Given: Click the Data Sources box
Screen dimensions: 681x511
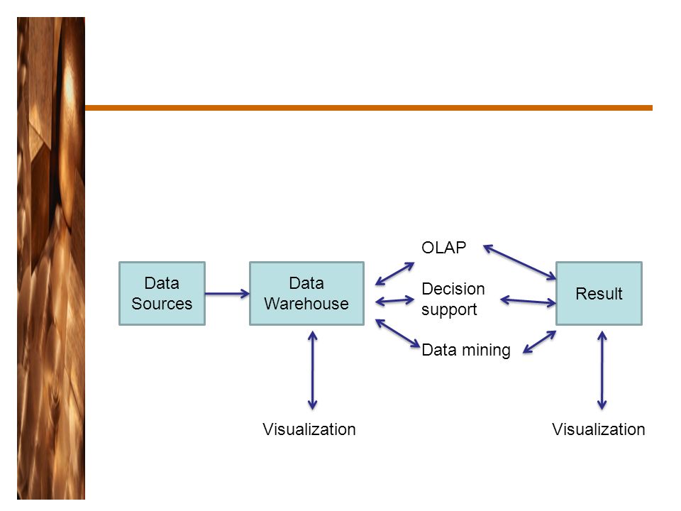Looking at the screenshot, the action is point(162,293).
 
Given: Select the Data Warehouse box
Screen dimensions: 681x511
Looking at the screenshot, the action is point(306,293).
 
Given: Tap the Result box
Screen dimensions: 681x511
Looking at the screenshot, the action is point(599,293).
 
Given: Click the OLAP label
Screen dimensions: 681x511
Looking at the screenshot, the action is point(443,248).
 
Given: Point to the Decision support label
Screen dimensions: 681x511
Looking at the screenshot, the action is point(453,300).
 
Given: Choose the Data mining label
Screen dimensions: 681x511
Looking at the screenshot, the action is point(466,350).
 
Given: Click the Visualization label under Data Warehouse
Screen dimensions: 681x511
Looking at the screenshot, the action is point(309,429).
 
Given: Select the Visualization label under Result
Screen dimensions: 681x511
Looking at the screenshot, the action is point(599,429).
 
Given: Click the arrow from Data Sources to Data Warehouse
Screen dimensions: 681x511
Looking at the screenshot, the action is point(227,294).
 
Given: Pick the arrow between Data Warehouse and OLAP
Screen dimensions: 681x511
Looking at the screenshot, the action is point(395,274).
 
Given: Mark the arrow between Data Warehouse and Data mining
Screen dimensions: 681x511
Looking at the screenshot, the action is point(397,334).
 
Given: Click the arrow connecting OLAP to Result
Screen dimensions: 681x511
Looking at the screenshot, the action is point(519,262).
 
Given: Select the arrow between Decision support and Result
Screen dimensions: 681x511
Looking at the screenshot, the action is point(528,301).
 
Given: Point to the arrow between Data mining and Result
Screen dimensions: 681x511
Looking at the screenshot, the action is point(539,342).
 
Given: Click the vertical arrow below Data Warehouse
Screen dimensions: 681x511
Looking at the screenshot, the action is point(312,370).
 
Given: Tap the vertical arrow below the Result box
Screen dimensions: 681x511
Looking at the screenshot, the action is point(602,370).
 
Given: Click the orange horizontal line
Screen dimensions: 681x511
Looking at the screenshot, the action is point(369,108).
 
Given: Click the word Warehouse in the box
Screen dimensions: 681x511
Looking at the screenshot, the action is point(306,304).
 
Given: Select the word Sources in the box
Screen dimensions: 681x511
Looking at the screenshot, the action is point(162,304).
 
